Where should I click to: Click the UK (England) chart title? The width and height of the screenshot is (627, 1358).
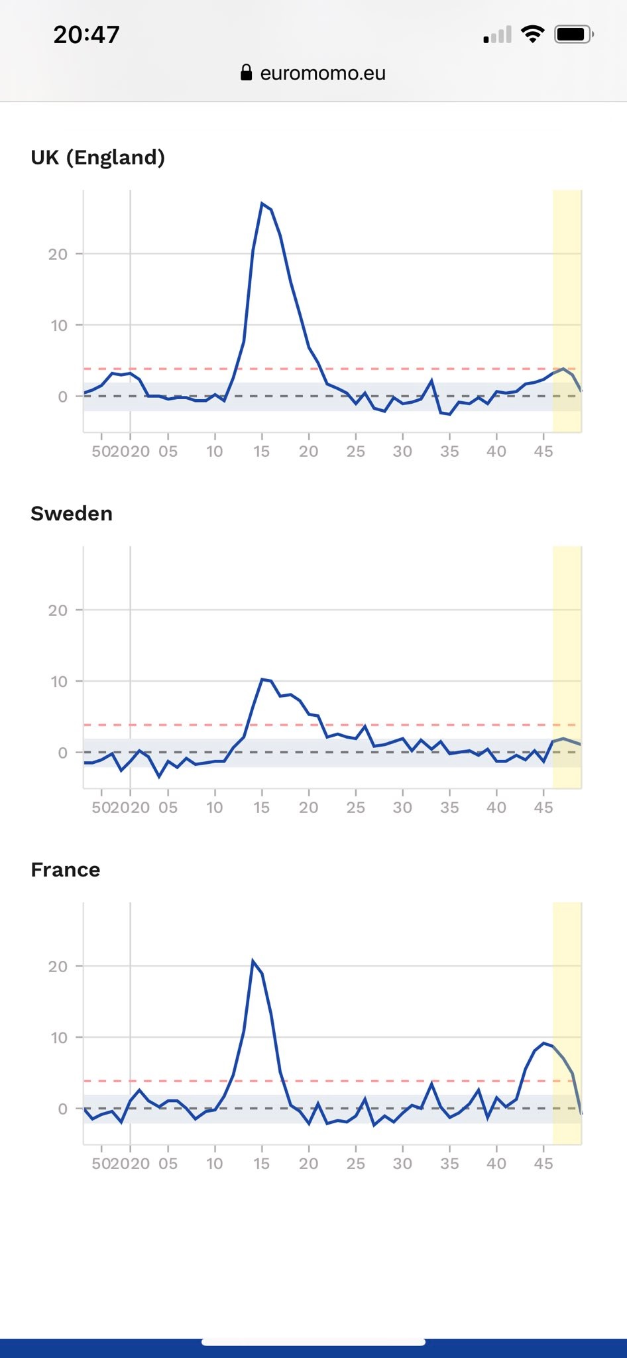pyautogui.click(x=97, y=157)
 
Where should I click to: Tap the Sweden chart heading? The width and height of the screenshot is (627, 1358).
pyautogui.click(x=72, y=513)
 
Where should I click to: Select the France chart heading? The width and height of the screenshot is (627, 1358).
pyautogui.click(x=66, y=869)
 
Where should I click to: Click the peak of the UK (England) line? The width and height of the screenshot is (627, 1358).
pyautogui.click(x=262, y=203)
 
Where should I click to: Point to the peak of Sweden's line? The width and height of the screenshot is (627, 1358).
pyautogui.click(x=262, y=679)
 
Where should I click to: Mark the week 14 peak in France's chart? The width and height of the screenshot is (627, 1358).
pyautogui.click(x=253, y=960)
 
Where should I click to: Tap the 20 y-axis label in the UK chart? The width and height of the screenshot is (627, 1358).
pyautogui.click(x=58, y=254)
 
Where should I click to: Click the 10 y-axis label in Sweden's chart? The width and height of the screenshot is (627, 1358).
pyautogui.click(x=59, y=682)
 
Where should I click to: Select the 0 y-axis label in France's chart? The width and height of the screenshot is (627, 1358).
pyautogui.click(x=62, y=1109)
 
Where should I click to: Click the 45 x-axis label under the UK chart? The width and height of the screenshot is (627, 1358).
pyautogui.click(x=543, y=452)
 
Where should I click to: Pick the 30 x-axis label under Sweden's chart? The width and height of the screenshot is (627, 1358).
pyautogui.click(x=402, y=808)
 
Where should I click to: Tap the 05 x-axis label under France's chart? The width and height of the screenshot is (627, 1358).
pyautogui.click(x=168, y=1164)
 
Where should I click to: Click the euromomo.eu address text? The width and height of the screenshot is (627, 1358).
pyautogui.click(x=323, y=73)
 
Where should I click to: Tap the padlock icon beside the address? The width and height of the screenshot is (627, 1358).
pyautogui.click(x=246, y=72)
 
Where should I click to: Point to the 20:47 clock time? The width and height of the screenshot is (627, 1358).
pyautogui.click(x=86, y=34)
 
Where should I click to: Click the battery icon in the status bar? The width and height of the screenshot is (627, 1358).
pyautogui.click(x=574, y=34)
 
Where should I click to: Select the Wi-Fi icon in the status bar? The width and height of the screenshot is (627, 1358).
pyautogui.click(x=533, y=34)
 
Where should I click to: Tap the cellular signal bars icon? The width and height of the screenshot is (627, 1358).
pyautogui.click(x=498, y=34)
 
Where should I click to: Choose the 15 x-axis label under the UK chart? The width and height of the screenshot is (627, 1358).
pyautogui.click(x=262, y=452)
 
